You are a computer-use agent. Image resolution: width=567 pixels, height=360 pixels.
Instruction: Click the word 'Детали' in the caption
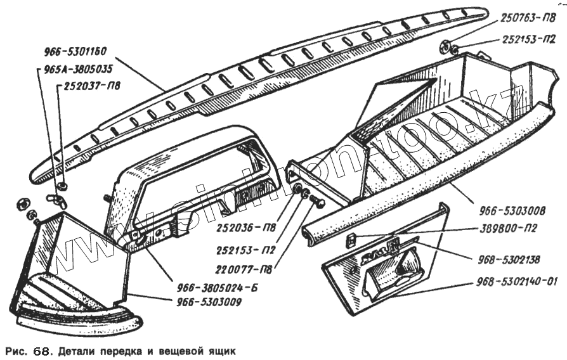tap(75, 350)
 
